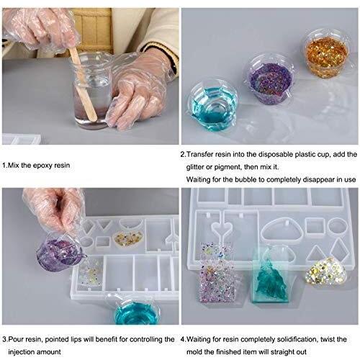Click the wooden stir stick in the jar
click(x=82, y=84)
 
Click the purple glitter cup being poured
click(x=60, y=253)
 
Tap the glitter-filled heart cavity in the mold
click(x=128, y=239)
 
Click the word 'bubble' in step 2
click(x=246, y=179)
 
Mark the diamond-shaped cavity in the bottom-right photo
click(x=341, y=250)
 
